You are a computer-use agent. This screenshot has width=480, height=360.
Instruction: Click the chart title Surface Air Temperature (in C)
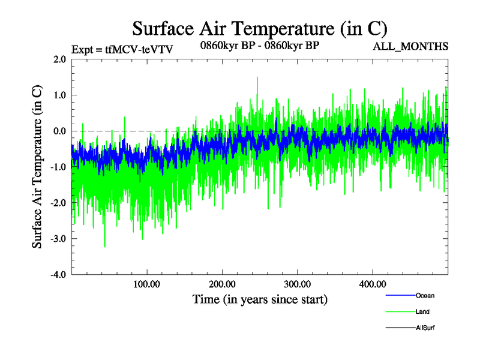[260, 28]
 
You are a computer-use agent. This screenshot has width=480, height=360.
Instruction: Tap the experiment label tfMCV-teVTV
[122, 49]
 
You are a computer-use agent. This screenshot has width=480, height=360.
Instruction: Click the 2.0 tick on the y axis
[59, 59]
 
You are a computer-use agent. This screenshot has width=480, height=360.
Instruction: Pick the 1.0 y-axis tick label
[59, 95]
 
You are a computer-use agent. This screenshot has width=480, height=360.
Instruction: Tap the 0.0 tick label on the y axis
[59, 131]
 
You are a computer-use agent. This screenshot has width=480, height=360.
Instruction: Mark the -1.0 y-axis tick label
[58, 167]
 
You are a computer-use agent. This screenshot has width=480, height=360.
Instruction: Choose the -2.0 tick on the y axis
[58, 203]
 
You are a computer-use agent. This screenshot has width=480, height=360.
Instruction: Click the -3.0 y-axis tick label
[58, 239]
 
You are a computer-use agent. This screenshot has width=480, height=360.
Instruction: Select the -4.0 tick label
[58, 275]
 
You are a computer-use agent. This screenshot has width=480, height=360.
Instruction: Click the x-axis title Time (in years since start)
[260, 299]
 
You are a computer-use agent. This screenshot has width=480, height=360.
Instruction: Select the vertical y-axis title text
[37, 167]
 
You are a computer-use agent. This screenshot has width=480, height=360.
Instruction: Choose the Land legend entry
[422, 311]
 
